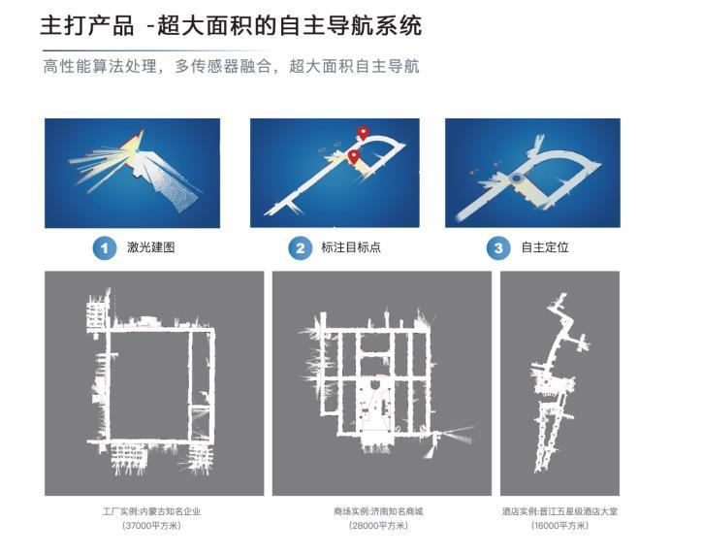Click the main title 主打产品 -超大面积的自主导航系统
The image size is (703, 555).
click(231, 25)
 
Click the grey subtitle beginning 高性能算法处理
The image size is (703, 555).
click(232, 66)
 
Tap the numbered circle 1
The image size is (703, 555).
click(105, 248)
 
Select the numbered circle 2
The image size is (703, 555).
click(300, 248)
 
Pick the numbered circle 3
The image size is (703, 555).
click(498, 248)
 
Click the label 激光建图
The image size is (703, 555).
click(150, 247)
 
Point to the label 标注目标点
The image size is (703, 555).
click(351, 247)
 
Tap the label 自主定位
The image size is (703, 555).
click(545, 247)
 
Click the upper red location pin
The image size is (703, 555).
click(363, 133)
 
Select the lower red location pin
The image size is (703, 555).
click(354, 156)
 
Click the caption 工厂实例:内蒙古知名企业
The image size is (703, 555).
click(151, 511)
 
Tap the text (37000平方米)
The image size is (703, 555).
click(151, 525)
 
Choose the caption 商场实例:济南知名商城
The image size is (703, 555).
click(378, 511)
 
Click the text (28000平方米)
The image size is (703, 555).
click(378, 525)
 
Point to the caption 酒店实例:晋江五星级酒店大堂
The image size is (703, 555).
click(559, 511)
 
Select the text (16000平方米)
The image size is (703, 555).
click(559, 525)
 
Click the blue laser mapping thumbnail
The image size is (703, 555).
click(132, 173)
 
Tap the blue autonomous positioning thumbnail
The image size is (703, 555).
click(532, 173)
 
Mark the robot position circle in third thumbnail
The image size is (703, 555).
click(517, 179)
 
